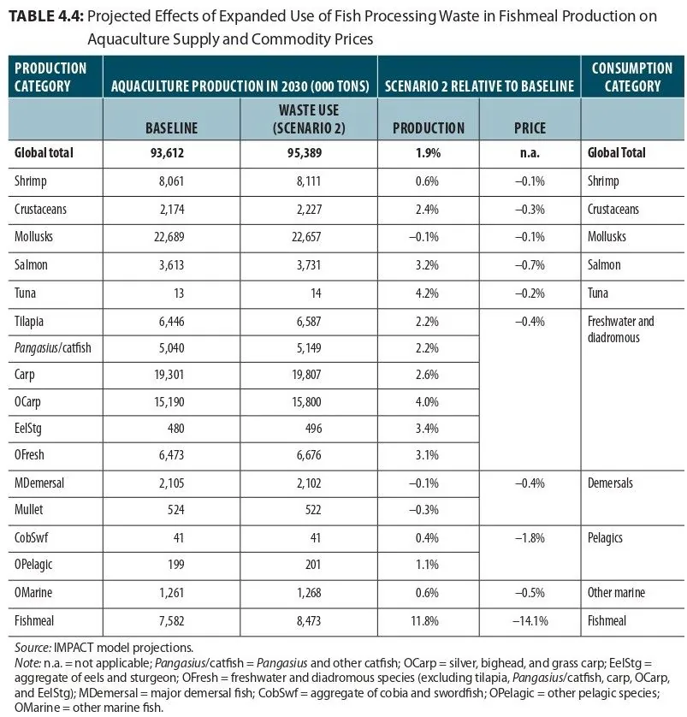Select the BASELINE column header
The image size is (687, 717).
[x=171, y=128]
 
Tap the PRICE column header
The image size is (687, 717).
[x=530, y=128]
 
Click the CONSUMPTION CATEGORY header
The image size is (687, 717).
[x=632, y=77]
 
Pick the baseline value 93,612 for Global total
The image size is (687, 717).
[x=168, y=153]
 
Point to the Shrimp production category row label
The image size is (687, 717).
[x=31, y=181]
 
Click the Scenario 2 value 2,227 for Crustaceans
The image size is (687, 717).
[x=309, y=210]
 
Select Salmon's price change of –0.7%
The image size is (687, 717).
[x=530, y=265]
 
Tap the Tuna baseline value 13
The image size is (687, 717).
[x=179, y=293]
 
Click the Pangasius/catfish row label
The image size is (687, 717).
[x=52, y=348]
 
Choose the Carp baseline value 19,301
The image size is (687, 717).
[x=169, y=375]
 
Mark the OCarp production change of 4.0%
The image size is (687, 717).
[x=427, y=402]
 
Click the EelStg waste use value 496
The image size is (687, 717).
[x=314, y=429]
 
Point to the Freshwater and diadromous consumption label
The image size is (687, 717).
[x=621, y=329]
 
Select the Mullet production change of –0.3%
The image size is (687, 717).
[x=423, y=510]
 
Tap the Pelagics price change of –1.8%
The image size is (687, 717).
[x=530, y=538]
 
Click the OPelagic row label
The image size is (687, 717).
[x=33, y=565]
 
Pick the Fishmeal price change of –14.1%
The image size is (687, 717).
[x=530, y=621]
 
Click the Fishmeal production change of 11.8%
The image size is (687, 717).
[x=424, y=621]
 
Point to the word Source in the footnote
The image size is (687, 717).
[x=32, y=648]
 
